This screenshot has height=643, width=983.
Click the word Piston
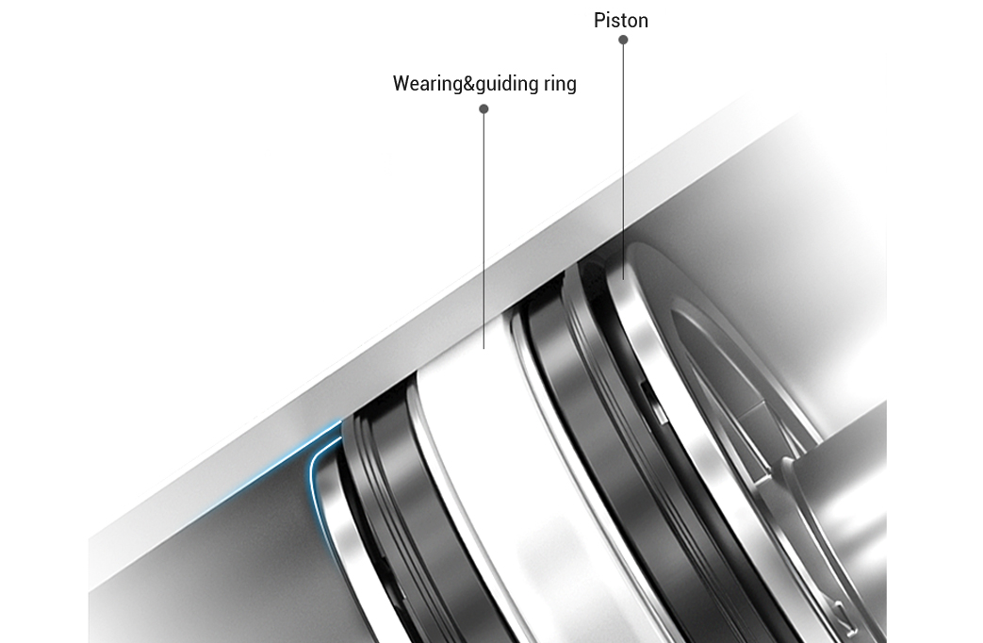click(621, 20)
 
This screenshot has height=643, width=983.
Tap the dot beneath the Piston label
click(623, 40)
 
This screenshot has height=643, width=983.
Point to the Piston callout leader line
click(623, 160)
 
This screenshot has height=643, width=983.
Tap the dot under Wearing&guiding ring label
click(483, 108)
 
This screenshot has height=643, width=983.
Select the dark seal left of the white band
click(386, 490)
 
